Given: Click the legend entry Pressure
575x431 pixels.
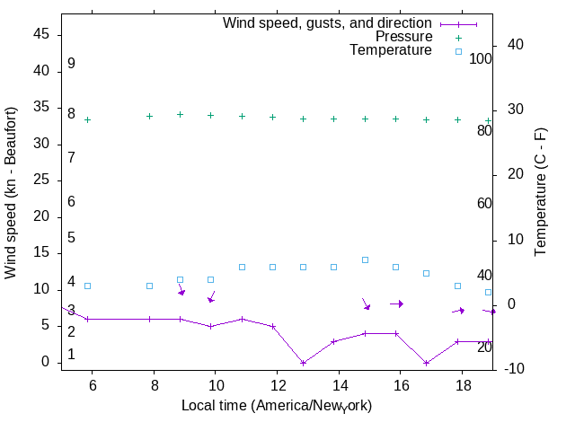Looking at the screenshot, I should [x=403, y=37].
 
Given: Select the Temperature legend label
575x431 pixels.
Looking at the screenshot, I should [x=391, y=51].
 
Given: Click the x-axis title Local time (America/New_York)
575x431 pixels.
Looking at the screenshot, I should [x=277, y=406].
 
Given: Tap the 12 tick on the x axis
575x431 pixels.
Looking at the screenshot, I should [x=277, y=383].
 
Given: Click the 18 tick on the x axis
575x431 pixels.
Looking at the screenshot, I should [x=462, y=383].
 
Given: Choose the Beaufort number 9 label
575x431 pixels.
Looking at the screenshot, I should [x=71, y=64].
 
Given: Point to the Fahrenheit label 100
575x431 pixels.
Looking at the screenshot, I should [x=481, y=59].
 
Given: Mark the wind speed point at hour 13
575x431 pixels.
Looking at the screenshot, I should [x=304, y=363].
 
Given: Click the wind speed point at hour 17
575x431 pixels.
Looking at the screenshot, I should [x=427, y=363].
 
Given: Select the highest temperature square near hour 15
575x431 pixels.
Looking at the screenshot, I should [x=365, y=259].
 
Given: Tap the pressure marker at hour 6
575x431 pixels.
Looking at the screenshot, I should [x=88, y=119].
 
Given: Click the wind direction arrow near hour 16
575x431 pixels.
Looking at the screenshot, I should [x=396, y=303].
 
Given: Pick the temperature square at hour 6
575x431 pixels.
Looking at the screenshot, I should [x=88, y=286].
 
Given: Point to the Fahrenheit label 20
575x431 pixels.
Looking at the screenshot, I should [x=484, y=347].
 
